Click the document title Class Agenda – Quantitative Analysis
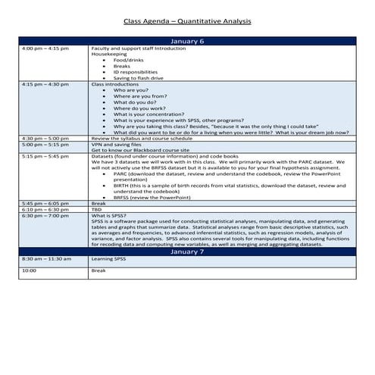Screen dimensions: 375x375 (187, 23)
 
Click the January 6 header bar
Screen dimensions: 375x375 (187, 41)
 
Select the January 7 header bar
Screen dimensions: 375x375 (187, 252)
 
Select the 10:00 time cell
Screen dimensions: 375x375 (30, 270)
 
